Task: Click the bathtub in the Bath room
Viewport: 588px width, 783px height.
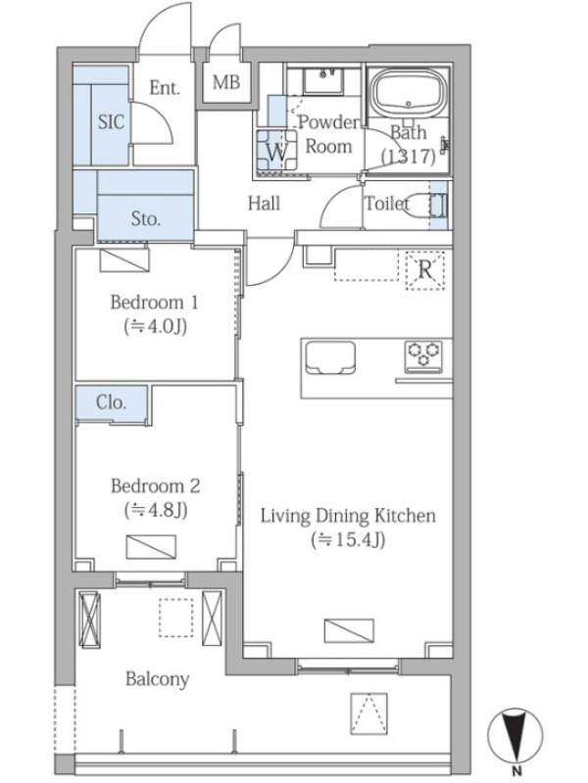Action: (410, 91)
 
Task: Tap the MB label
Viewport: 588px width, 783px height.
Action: (226, 81)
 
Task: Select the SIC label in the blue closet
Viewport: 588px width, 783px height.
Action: (111, 121)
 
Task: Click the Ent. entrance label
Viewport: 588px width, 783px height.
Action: (165, 88)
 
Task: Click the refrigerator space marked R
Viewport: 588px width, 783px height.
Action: (424, 270)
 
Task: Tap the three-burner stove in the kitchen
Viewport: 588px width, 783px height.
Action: (423, 356)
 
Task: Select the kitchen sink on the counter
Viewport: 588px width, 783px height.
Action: (330, 357)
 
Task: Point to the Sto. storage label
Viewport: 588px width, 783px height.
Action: (145, 218)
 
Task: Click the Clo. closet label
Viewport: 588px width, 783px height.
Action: (111, 402)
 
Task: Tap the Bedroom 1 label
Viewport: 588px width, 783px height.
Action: (154, 302)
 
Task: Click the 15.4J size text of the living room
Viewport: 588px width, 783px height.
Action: (349, 539)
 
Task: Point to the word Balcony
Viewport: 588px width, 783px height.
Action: (158, 679)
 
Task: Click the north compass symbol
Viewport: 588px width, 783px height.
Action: (515, 739)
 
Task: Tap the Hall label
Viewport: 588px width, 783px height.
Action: (264, 204)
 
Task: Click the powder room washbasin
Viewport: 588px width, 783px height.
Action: (323, 80)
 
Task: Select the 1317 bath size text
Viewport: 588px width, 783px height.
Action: (408, 157)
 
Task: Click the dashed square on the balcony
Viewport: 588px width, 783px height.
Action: (176, 618)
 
